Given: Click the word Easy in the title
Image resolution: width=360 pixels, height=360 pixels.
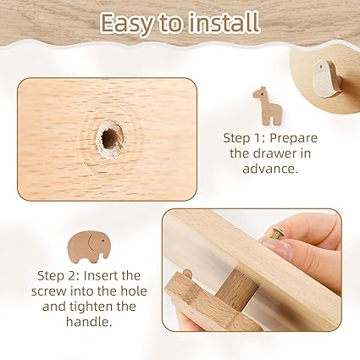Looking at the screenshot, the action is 126,23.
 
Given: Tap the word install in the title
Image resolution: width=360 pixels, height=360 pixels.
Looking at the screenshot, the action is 224,22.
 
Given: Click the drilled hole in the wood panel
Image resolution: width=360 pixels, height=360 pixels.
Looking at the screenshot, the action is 110,138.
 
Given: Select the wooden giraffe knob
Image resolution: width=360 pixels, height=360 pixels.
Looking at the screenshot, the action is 267,106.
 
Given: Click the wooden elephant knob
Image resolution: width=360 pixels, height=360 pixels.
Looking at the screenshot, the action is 88,245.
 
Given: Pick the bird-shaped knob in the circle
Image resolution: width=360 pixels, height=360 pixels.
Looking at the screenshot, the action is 328,79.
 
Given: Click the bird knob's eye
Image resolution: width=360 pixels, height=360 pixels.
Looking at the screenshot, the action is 321,67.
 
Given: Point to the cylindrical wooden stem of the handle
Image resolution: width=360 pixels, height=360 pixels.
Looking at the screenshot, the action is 236,287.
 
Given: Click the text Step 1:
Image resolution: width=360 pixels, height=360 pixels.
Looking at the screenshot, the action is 245,138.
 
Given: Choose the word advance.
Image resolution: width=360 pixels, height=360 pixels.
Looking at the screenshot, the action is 270,169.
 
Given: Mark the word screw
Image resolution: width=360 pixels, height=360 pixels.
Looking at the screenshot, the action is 49,291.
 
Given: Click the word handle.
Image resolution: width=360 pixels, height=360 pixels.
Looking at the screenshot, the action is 89,322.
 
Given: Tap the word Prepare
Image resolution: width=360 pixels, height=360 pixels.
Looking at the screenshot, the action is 294,139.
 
